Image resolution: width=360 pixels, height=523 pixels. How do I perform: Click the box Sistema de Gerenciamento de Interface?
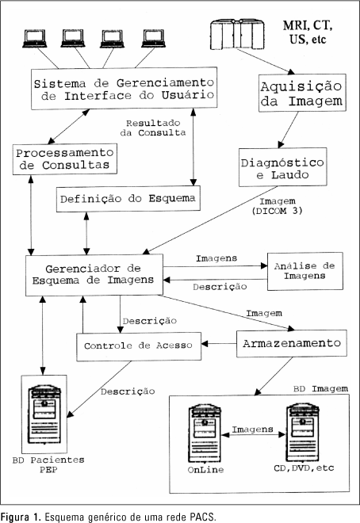[x=124, y=89]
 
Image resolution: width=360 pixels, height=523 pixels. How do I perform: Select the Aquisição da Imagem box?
[x=302, y=93]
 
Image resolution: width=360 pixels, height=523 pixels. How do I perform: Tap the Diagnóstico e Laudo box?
[x=282, y=167]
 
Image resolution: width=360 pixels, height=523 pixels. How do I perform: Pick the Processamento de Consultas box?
[x=65, y=158]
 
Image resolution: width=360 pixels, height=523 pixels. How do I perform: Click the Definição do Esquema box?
[x=128, y=199]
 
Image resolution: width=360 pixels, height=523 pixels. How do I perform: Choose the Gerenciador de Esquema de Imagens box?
[x=94, y=275]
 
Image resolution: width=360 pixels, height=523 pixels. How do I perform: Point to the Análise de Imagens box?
[x=305, y=271]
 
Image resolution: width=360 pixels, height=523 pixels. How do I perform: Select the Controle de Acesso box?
[x=139, y=346]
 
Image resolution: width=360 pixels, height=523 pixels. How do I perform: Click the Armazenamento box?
[x=292, y=344]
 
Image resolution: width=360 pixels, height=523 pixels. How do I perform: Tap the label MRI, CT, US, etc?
[x=308, y=32]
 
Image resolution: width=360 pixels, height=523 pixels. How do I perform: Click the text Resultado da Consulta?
[x=153, y=128]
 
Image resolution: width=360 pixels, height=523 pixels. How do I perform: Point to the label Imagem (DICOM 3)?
[x=278, y=206]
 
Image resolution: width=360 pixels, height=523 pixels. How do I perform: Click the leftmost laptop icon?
[x=35, y=38]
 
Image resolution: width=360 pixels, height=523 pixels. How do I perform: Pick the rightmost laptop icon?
[x=154, y=38]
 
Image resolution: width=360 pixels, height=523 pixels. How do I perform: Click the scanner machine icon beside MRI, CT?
[x=237, y=35]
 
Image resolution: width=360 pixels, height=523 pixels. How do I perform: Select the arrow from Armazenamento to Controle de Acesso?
[x=219, y=344]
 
